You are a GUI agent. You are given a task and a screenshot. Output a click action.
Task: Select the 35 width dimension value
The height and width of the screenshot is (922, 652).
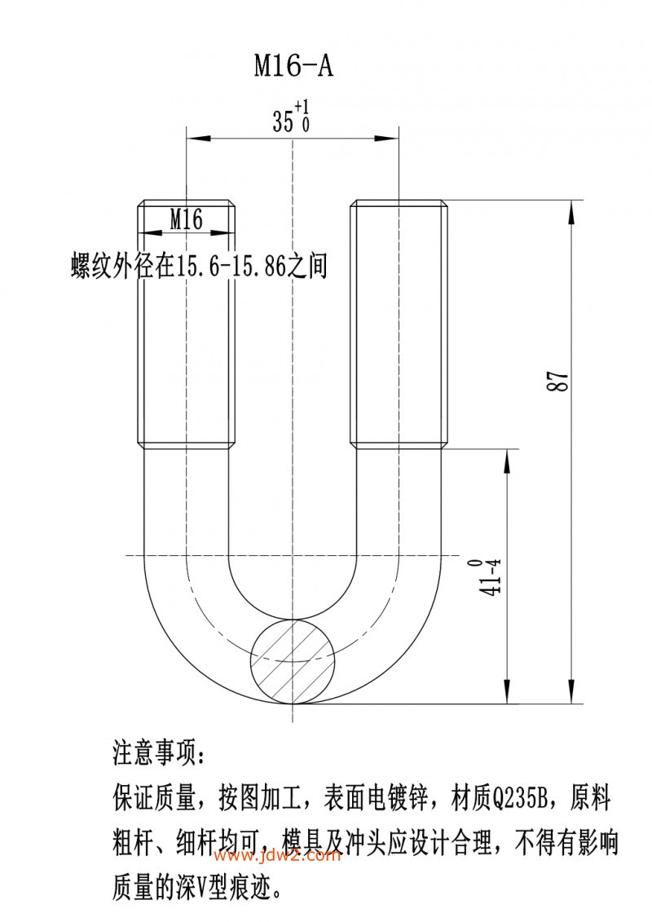point(283,121)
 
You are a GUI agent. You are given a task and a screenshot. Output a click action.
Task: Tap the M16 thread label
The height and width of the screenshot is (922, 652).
point(187,219)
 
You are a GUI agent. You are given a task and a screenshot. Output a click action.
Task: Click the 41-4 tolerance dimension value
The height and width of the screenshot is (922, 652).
point(491,578)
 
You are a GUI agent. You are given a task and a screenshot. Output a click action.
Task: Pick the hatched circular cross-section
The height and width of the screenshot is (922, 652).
point(293,660)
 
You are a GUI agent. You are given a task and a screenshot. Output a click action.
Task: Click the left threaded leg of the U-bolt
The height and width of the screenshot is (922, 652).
point(187,324)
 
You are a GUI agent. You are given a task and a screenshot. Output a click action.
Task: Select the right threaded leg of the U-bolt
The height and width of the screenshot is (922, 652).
point(399,324)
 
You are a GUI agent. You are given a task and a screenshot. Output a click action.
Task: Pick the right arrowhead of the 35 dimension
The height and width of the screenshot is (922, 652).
point(387,139)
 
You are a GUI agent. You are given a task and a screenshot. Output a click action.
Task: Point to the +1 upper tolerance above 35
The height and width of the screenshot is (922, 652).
point(302,107)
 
